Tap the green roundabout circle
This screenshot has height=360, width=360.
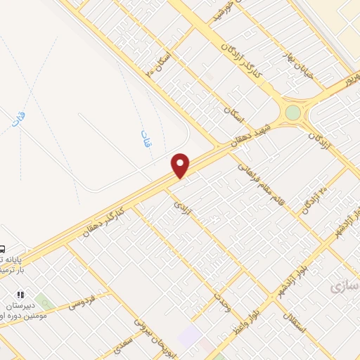292,112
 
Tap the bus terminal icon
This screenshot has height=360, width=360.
3,248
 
